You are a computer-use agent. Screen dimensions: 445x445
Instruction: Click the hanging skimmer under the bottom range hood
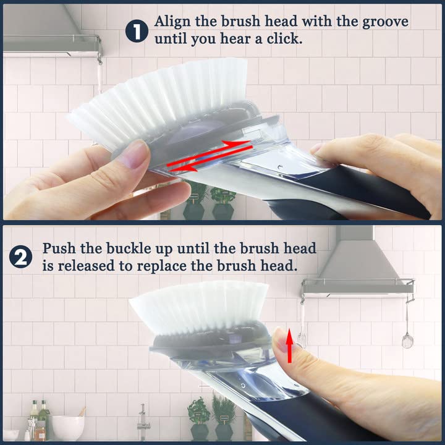406,334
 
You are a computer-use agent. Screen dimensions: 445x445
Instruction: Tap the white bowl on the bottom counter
68,426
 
